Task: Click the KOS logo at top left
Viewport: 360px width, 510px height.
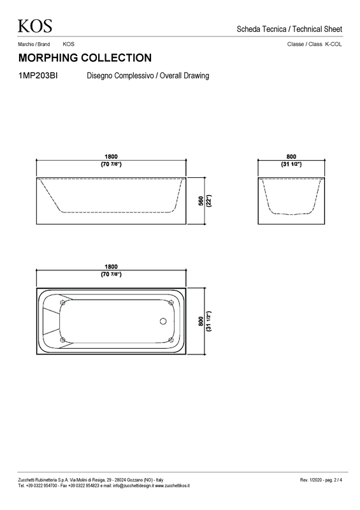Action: (x=35, y=26)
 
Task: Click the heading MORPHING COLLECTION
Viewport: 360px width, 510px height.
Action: (x=85, y=58)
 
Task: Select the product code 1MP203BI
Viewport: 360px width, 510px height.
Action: (x=38, y=76)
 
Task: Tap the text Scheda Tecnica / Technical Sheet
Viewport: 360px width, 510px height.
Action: (x=289, y=29)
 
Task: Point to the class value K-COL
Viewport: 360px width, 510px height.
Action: (x=333, y=44)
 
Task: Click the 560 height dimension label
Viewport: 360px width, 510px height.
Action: (x=201, y=201)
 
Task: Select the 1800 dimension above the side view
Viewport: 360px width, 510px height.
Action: (x=111, y=157)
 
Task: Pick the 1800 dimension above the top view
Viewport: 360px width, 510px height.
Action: (x=111, y=266)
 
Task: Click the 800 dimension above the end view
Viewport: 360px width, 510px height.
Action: (x=291, y=157)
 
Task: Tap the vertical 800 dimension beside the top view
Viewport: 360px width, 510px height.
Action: (x=201, y=321)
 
